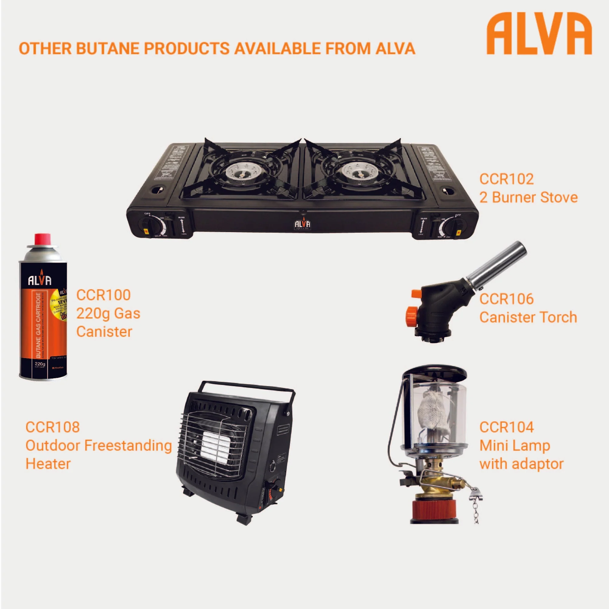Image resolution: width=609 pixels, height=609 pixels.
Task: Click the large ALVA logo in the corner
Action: (539, 34)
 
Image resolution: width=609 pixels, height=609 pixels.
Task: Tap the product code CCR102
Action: (506, 179)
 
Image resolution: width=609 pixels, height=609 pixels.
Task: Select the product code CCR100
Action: (104, 295)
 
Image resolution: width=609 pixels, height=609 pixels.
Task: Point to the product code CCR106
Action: (506, 299)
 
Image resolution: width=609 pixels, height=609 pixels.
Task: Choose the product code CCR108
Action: (53, 427)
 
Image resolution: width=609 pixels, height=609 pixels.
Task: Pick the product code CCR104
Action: (506, 427)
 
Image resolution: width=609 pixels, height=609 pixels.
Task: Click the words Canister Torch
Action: (528, 317)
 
